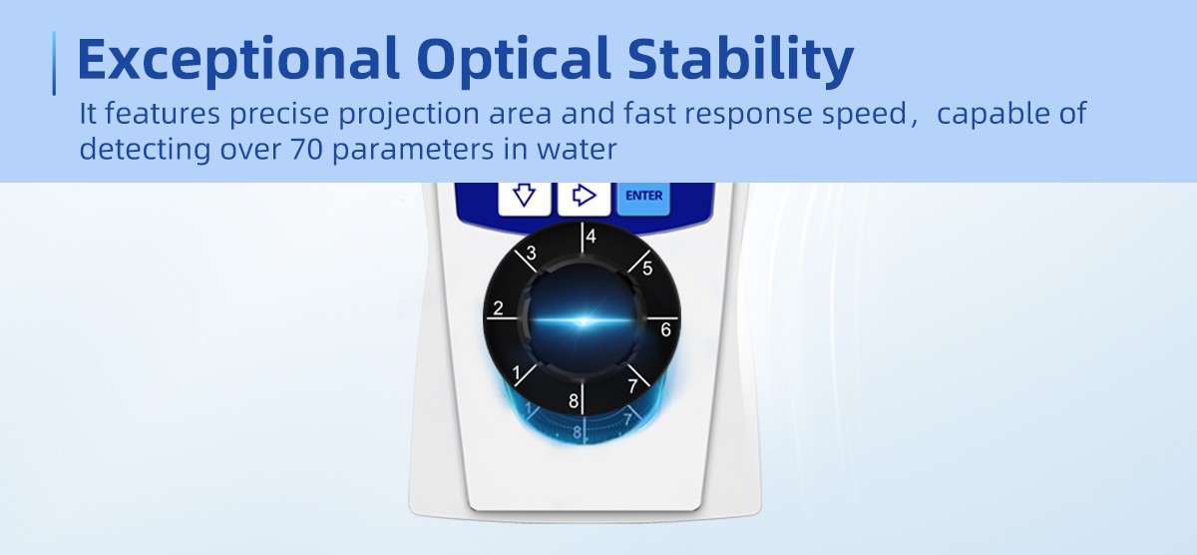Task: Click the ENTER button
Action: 643,199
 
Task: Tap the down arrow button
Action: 525,199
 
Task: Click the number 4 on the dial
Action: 591,237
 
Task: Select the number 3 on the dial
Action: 531,253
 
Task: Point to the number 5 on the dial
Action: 647,269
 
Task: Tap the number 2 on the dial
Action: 498,308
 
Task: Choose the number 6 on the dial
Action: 665,329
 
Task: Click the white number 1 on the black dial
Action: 517,373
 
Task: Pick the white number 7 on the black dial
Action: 633,385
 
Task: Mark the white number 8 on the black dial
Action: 574,401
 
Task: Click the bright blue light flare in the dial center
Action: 584,320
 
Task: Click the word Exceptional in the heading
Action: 238,60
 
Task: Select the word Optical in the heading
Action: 513,60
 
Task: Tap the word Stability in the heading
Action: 740,60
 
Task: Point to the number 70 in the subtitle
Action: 307,149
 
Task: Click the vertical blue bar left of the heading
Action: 54,63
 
